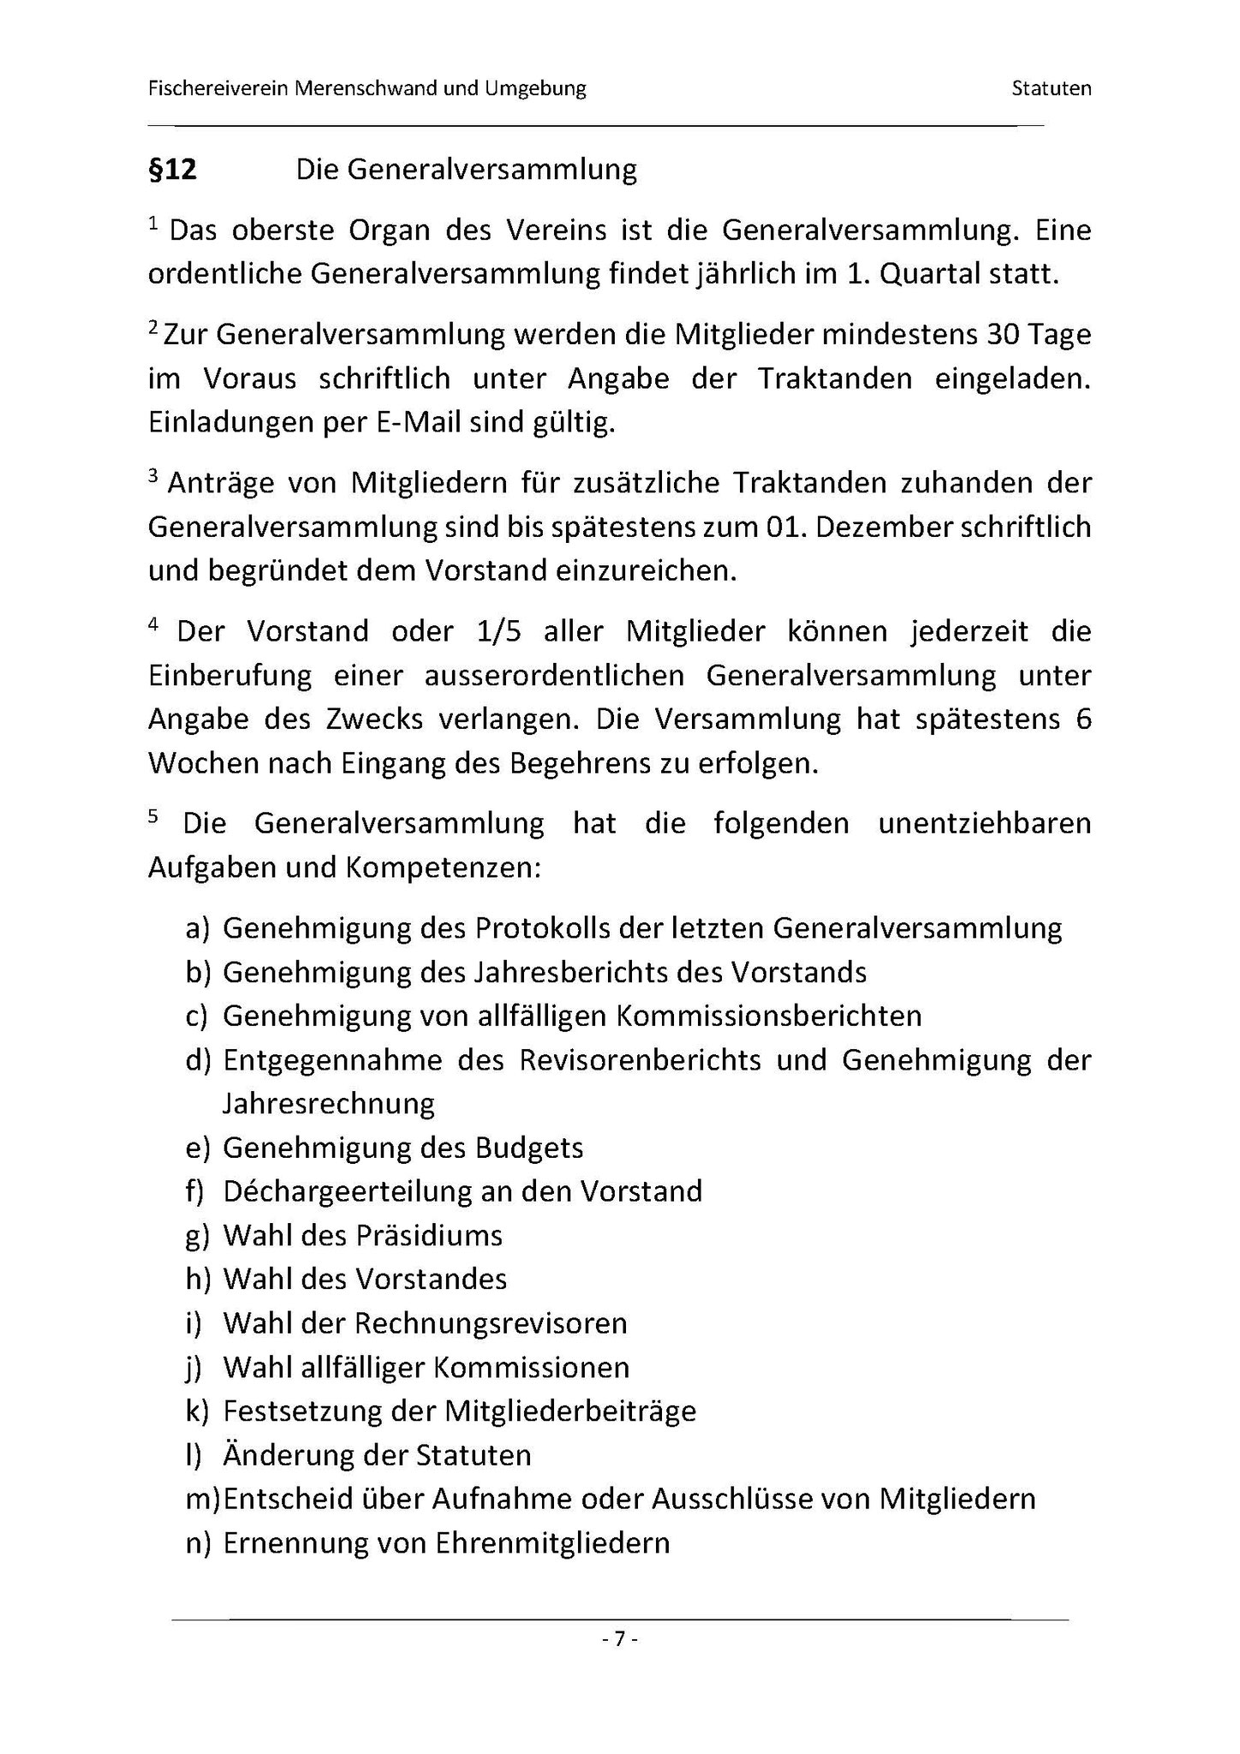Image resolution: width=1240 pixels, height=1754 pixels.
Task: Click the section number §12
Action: click(172, 170)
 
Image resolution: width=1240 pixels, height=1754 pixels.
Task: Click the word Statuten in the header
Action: click(1051, 88)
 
